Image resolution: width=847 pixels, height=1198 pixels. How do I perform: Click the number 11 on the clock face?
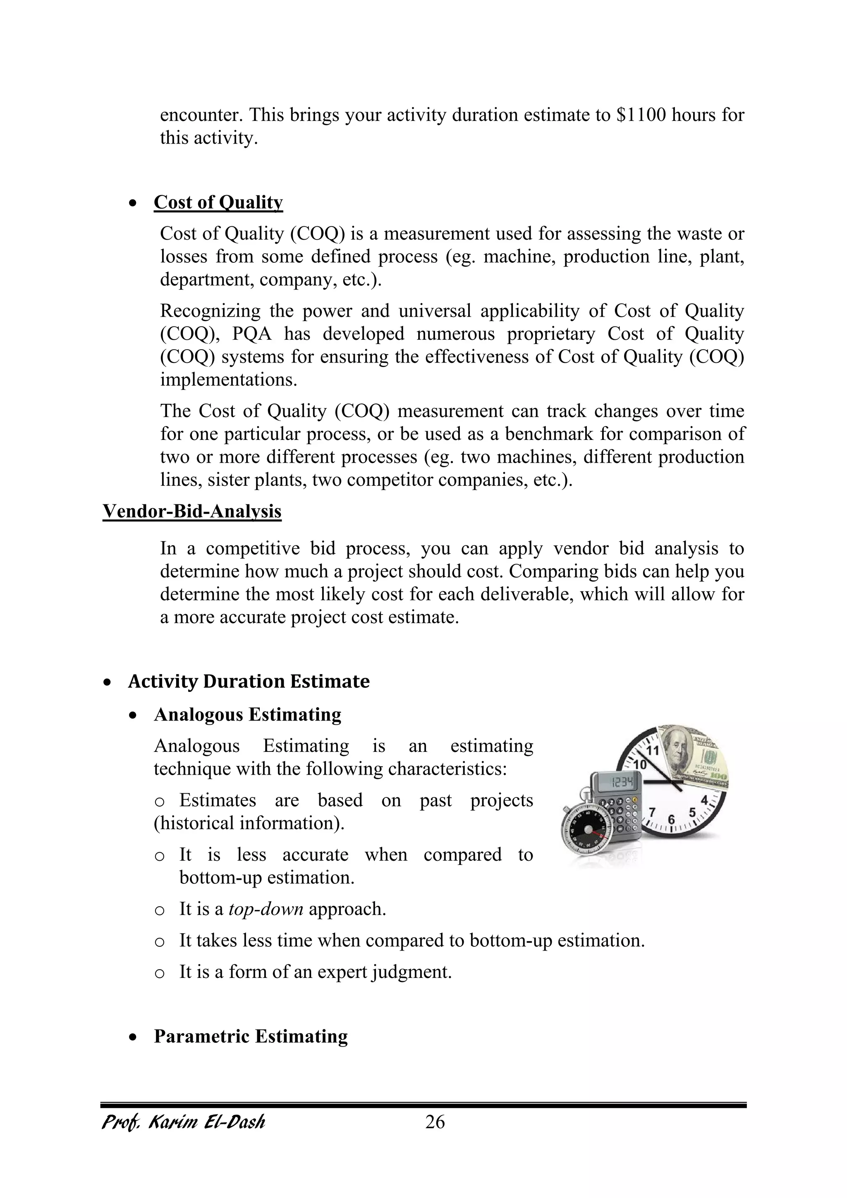pyautogui.click(x=653, y=750)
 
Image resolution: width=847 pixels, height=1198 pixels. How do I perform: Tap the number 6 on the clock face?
pyautogui.click(x=671, y=820)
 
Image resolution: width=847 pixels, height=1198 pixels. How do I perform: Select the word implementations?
pyautogui.click(x=228, y=379)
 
